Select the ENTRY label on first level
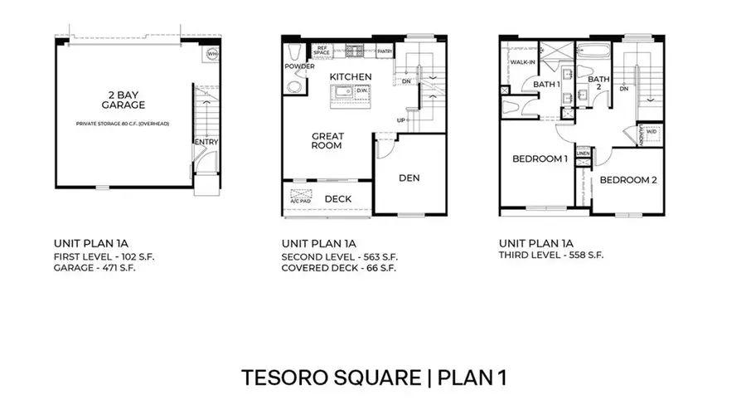tap(205, 142)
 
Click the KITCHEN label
tap(350, 77)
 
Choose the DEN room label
tap(409, 177)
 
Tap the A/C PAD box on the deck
tap(299, 200)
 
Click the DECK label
tap(337, 199)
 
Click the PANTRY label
tap(384, 51)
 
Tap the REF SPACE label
tap(322, 51)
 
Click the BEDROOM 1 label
tap(540, 158)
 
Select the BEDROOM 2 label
tap(627, 180)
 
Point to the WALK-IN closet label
tap(522, 62)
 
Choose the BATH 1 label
tap(546, 84)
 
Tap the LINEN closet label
tap(583, 153)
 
